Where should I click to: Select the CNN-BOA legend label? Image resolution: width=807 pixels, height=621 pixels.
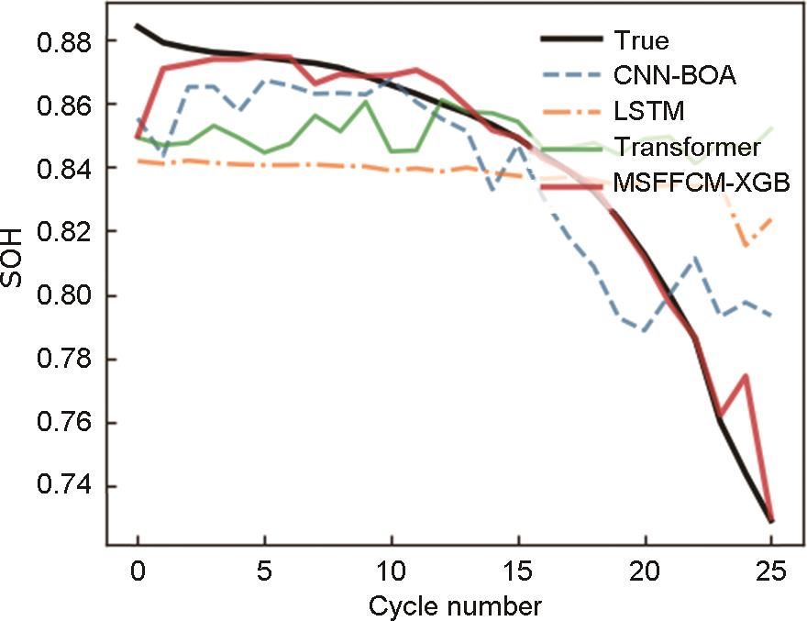pos(670,76)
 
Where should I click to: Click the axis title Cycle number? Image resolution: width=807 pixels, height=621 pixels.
pos(455,605)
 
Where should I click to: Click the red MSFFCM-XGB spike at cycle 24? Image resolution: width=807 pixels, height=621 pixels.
pos(746,375)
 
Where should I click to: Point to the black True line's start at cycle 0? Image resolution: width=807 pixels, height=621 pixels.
pos(138,26)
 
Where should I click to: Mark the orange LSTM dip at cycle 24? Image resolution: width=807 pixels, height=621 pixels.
pos(746,246)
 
